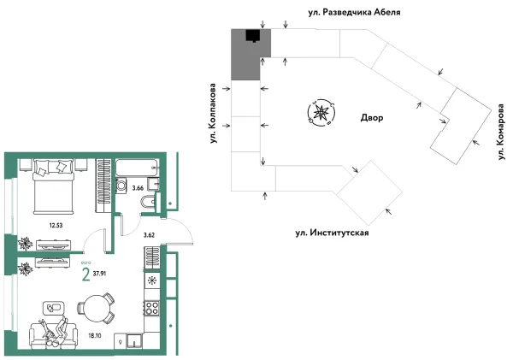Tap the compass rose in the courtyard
point(321,113)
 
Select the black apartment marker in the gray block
point(252,36)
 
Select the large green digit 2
point(85,274)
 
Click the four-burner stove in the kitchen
point(153,307)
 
